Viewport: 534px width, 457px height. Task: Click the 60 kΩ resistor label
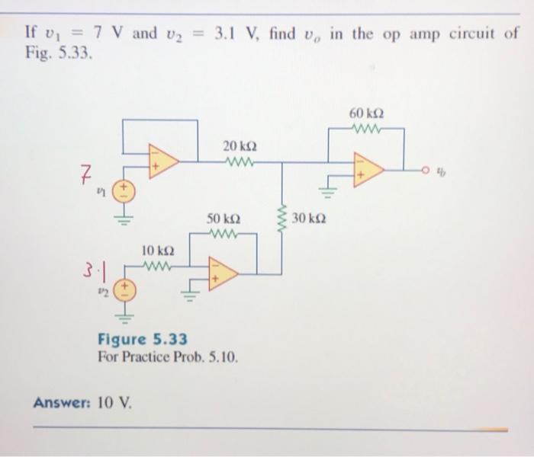point(365,113)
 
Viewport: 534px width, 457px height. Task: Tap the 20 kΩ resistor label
point(239,145)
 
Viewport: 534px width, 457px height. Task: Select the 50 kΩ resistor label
point(223,219)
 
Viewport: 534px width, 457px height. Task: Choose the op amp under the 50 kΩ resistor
point(223,273)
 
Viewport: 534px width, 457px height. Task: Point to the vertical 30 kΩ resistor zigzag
point(283,218)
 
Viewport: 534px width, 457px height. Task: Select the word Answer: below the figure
point(62,402)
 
